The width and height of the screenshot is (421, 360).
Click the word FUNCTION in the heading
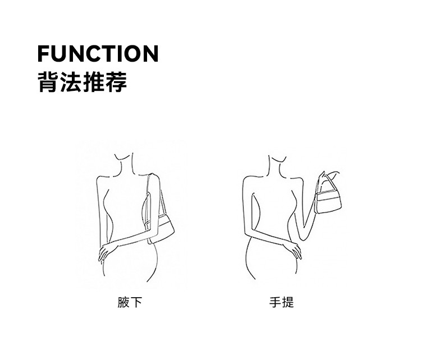[x=98, y=53]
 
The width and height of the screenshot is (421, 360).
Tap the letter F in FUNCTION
[x=44, y=53]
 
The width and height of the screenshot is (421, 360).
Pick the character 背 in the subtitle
[x=48, y=81]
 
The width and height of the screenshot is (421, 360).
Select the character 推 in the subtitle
[x=93, y=81]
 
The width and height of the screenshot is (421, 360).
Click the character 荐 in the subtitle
[x=116, y=81]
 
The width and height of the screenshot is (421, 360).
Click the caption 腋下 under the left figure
[x=130, y=303]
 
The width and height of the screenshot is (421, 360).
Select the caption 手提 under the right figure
[x=281, y=303]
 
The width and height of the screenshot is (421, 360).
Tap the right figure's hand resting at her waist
[x=293, y=250]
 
